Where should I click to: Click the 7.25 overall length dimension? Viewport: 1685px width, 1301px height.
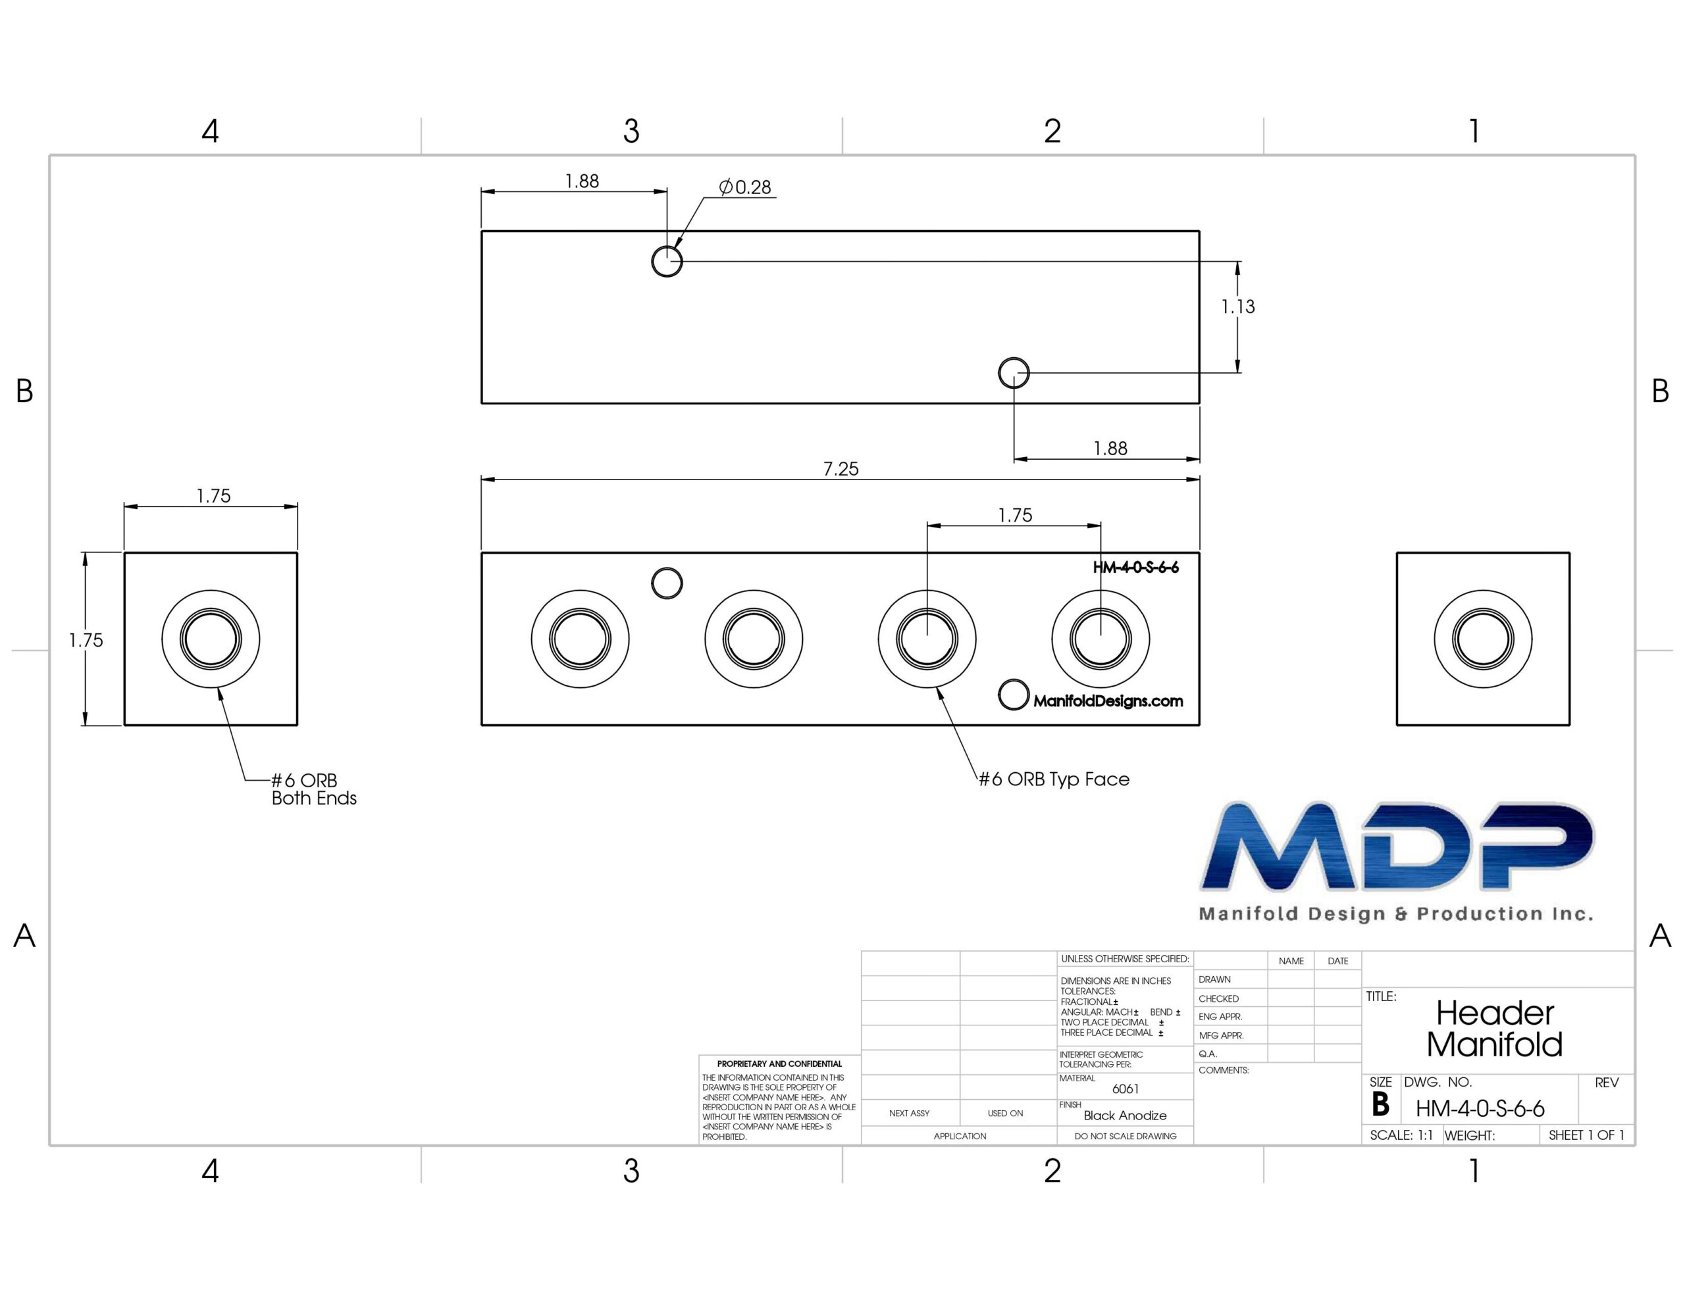click(840, 469)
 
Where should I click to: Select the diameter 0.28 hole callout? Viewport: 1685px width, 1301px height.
click(744, 187)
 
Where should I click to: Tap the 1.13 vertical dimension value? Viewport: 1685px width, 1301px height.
click(1237, 307)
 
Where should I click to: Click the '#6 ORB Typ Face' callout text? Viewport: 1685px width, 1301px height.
click(1054, 779)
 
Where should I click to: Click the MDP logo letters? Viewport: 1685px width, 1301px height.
click(1397, 846)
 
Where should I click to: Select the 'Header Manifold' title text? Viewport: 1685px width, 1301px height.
click(1494, 1029)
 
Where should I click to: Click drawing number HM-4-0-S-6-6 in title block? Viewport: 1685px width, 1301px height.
click(1480, 1109)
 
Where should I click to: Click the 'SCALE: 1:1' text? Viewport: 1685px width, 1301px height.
click(1401, 1135)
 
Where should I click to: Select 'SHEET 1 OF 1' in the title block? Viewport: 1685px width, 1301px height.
click(1586, 1135)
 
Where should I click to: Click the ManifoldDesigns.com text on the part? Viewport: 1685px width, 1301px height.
click(1108, 701)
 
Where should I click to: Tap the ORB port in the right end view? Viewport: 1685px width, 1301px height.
click(1483, 639)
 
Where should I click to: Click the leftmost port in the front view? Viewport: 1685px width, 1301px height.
click(580, 639)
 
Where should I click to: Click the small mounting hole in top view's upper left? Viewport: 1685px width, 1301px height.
click(667, 261)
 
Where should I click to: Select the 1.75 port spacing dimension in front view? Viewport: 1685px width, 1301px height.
click(1014, 515)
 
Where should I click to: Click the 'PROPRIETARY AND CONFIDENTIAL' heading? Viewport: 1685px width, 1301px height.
click(779, 1064)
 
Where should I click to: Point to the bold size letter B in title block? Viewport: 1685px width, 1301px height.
click(1380, 1104)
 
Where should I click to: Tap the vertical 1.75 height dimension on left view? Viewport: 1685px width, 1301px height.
click(86, 640)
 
